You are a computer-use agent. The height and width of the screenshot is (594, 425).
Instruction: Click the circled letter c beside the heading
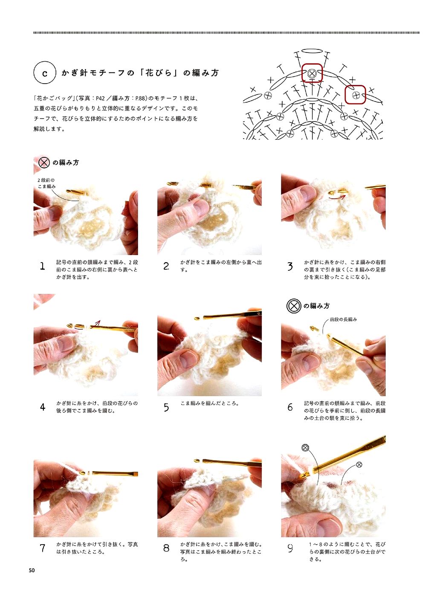coord(44,72)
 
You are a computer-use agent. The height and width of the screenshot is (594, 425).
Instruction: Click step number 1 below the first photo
coord(42,266)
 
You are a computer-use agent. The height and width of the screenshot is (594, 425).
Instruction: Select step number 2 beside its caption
coord(166,266)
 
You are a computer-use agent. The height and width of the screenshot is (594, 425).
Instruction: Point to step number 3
coord(290,266)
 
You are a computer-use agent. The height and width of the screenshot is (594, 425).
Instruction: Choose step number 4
coord(43,407)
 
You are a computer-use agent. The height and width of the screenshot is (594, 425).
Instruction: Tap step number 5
coord(166,407)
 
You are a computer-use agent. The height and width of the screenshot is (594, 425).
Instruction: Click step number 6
coord(290,407)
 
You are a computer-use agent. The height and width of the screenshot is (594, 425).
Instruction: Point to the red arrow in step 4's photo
coord(94,325)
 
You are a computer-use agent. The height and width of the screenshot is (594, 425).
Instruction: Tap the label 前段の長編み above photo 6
coord(343,319)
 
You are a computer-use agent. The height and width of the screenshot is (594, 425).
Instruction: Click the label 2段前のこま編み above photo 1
coord(46,183)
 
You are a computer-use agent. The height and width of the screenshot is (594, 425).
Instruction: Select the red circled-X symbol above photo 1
coord(44,162)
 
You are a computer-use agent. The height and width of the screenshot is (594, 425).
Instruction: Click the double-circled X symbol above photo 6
coord(294,306)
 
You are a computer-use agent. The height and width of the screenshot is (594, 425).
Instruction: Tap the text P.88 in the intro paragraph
coord(139,99)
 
